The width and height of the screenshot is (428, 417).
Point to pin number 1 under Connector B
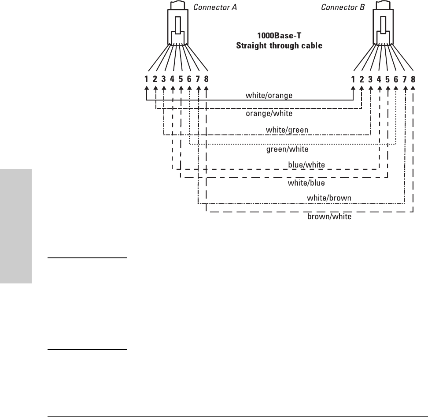pyautogui.click(x=353, y=80)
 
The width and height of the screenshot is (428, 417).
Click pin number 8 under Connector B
pyautogui.click(x=413, y=80)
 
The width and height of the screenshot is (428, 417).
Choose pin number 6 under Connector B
pyautogui.click(x=396, y=80)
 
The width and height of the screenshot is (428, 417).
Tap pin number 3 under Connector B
pyautogui.click(x=370, y=80)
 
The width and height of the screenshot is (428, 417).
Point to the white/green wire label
pyautogui.click(x=287, y=130)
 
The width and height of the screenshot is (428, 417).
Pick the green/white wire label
pyautogui.click(x=288, y=149)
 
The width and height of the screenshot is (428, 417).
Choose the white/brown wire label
pyautogui.click(x=329, y=198)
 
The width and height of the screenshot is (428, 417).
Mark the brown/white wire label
pyautogui.click(x=329, y=217)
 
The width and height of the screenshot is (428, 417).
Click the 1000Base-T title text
pyautogui.click(x=277, y=37)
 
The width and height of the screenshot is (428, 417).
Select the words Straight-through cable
pyautogui.click(x=277, y=45)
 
